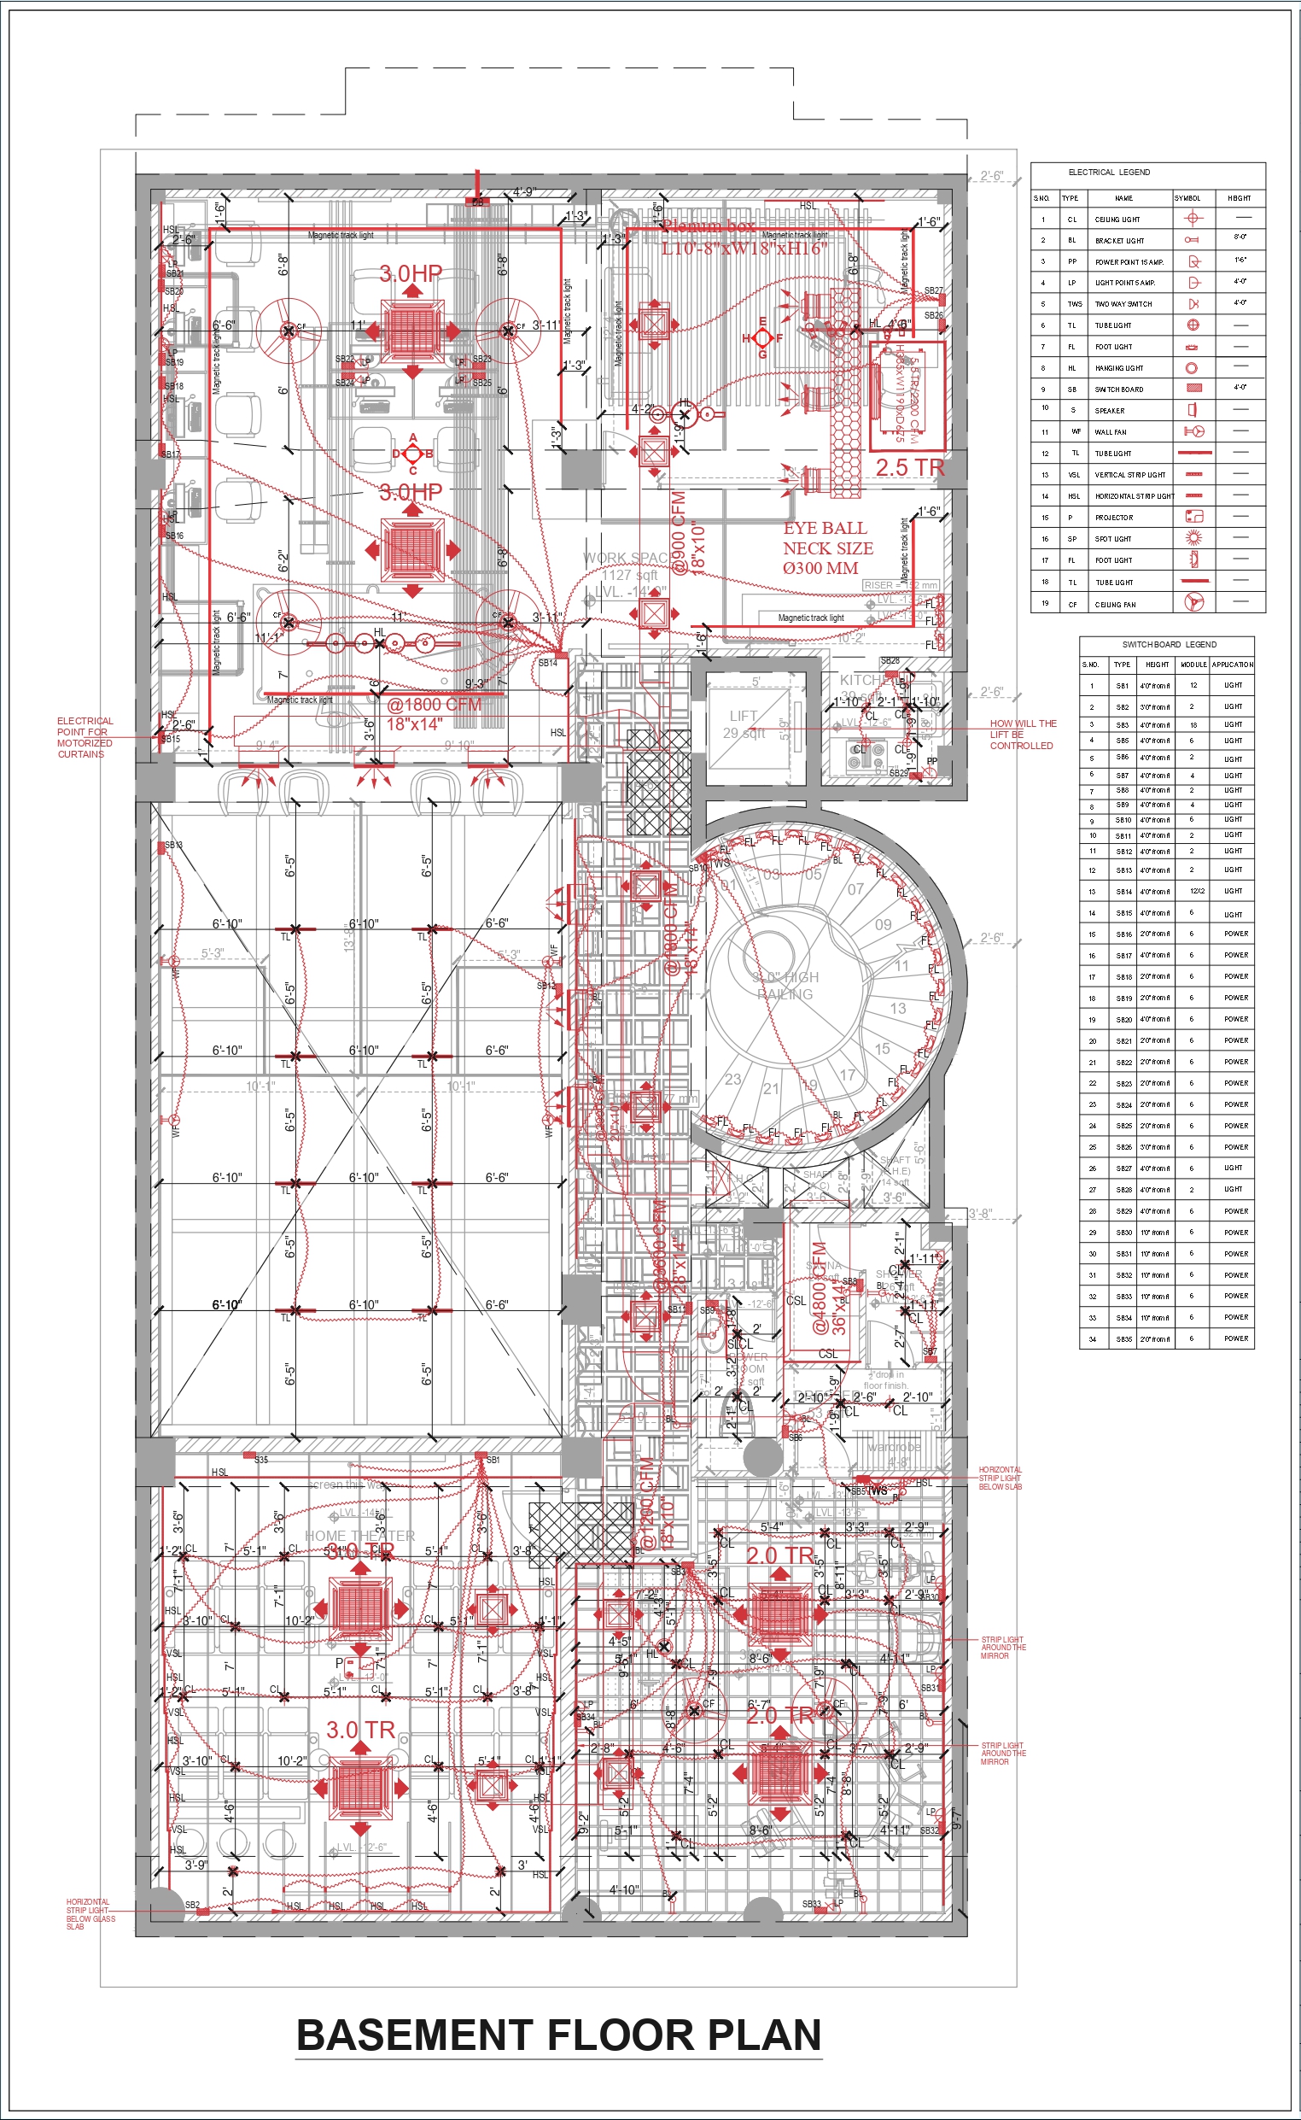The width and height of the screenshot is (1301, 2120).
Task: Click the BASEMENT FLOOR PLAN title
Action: (x=558, y=2035)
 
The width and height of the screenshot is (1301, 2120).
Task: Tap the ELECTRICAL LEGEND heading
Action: (x=1108, y=173)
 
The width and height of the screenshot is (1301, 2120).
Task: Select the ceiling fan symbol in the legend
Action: (x=1193, y=603)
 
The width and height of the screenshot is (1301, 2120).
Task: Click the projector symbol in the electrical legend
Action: (x=1193, y=517)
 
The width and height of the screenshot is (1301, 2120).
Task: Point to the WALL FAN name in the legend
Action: (x=1111, y=432)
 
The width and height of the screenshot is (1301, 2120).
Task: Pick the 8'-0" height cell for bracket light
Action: (x=1240, y=237)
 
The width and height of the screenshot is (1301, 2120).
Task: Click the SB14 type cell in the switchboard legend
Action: (x=1123, y=892)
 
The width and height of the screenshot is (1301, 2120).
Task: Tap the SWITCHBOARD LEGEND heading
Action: (x=1169, y=644)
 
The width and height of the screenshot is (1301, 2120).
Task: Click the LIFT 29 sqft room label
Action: (x=744, y=723)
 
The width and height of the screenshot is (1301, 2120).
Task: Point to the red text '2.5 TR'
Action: (x=909, y=468)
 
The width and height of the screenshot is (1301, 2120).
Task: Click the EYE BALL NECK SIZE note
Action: (x=827, y=548)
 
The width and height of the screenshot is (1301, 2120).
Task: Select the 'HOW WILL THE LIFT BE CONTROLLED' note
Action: (x=1022, y=735)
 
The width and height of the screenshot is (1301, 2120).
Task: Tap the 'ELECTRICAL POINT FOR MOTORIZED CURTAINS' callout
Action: (x=84, y=737)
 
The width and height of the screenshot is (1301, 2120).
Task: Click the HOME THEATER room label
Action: (x=359, y=1536)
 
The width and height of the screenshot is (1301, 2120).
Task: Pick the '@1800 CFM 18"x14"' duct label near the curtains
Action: (x=433, y=713)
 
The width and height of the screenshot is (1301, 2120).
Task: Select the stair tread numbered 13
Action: (x=897, y=1008)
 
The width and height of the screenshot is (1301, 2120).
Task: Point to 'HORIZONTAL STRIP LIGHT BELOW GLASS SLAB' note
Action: (x=90, y=1914)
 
